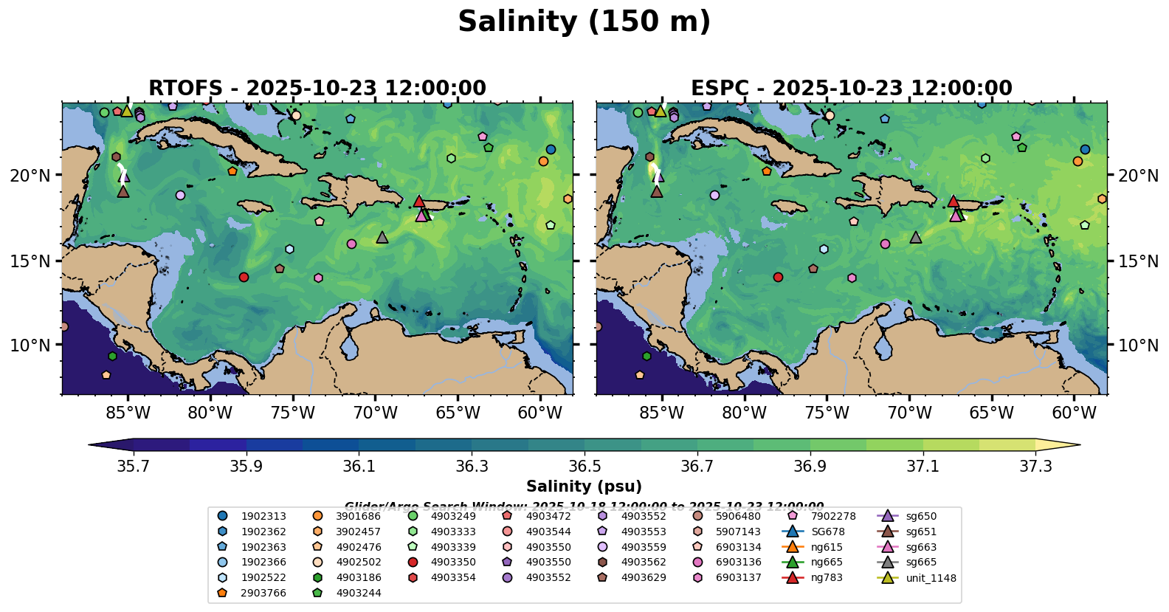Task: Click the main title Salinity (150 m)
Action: click(584, 22)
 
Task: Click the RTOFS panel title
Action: click(317, 89)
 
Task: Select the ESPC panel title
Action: click(851, 89)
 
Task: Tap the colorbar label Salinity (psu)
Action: click(584, 486)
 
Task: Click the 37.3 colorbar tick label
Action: click(1035, 467)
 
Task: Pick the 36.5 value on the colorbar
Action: click(584, 467)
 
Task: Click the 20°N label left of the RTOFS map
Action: click(30, 176)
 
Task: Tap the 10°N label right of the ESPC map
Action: click(1138, 345)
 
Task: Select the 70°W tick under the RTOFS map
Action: click(375, 413)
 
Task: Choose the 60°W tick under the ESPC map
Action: click(1074, 413)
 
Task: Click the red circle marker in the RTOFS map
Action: click(244, 278)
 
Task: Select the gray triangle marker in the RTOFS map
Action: click(382, 238)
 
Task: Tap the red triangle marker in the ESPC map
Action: click(953, 202)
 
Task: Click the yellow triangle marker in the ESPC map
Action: click(660, 111)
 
